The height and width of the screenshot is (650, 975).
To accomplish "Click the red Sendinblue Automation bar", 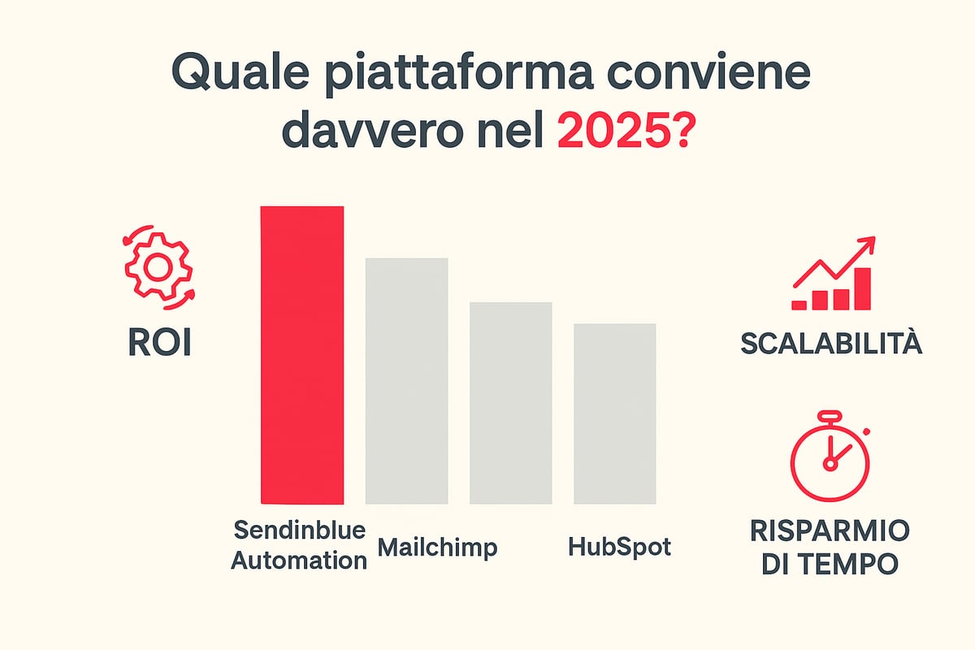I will [301, 355].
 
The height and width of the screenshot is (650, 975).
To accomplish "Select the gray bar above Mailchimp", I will [406, 380].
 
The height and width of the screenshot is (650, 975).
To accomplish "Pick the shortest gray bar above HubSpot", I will [614, 413].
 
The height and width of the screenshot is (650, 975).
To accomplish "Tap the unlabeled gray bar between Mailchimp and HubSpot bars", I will [510, 402].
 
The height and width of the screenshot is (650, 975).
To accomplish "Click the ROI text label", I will [159, 344].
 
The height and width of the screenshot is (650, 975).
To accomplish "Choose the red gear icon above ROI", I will [158, 266].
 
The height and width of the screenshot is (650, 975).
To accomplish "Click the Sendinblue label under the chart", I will [298, 531].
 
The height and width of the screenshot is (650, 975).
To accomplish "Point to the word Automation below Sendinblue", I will [299, 560].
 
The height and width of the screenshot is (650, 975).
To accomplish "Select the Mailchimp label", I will [437, 547].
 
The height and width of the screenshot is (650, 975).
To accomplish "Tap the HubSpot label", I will [620, 547].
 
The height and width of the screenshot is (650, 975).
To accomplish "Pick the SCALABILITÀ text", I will [831, 344].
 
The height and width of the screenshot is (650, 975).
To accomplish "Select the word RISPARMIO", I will [830, 531].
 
